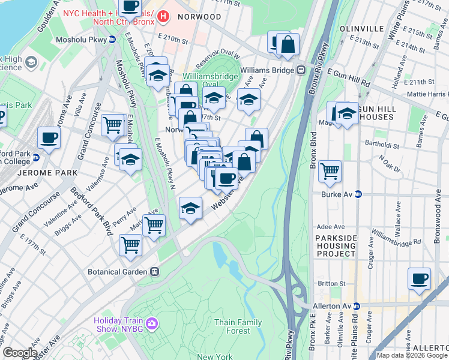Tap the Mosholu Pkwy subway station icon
tap(112, 40)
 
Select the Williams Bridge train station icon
tap(299, 70)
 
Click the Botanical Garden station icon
tap(154, 271)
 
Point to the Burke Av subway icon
tap(358, 194)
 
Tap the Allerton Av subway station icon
tap(355, 306)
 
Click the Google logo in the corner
tap(20, 353)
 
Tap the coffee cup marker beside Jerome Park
tap(49, 137)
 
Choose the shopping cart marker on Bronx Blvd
tap(330, 171)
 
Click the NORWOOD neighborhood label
tap(199, 17)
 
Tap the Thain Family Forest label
tap(238, 326)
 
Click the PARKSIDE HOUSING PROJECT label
tap(336, 246)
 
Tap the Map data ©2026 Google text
tap(412, 355)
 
